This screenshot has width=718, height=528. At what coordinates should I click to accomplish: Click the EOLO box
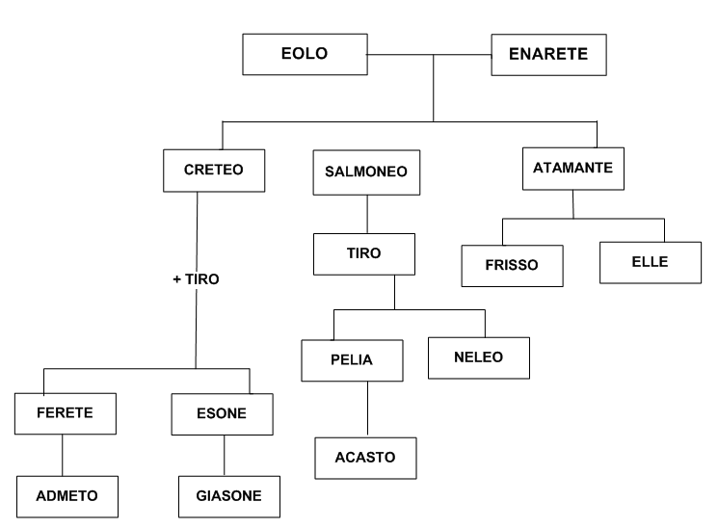click(x=304, y=54)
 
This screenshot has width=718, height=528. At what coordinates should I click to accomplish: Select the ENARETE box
click(x=548, y=54)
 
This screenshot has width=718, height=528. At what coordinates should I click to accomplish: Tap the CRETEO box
click(x=212, y=170)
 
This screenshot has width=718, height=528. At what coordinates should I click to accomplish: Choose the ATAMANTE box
click(x=572, y=169)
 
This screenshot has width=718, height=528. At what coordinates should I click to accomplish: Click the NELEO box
click(x=479, y=356)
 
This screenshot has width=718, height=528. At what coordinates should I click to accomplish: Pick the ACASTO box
click(x=366, y=457)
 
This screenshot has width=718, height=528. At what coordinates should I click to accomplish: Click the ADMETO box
click(x=66, y=499)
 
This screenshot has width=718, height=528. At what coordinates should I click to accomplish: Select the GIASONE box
click(x=228, y=499)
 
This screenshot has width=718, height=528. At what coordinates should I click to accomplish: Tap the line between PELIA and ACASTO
click(x=366, y=409)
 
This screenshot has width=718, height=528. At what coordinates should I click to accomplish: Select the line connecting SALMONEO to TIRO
click(x=366, y=214)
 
